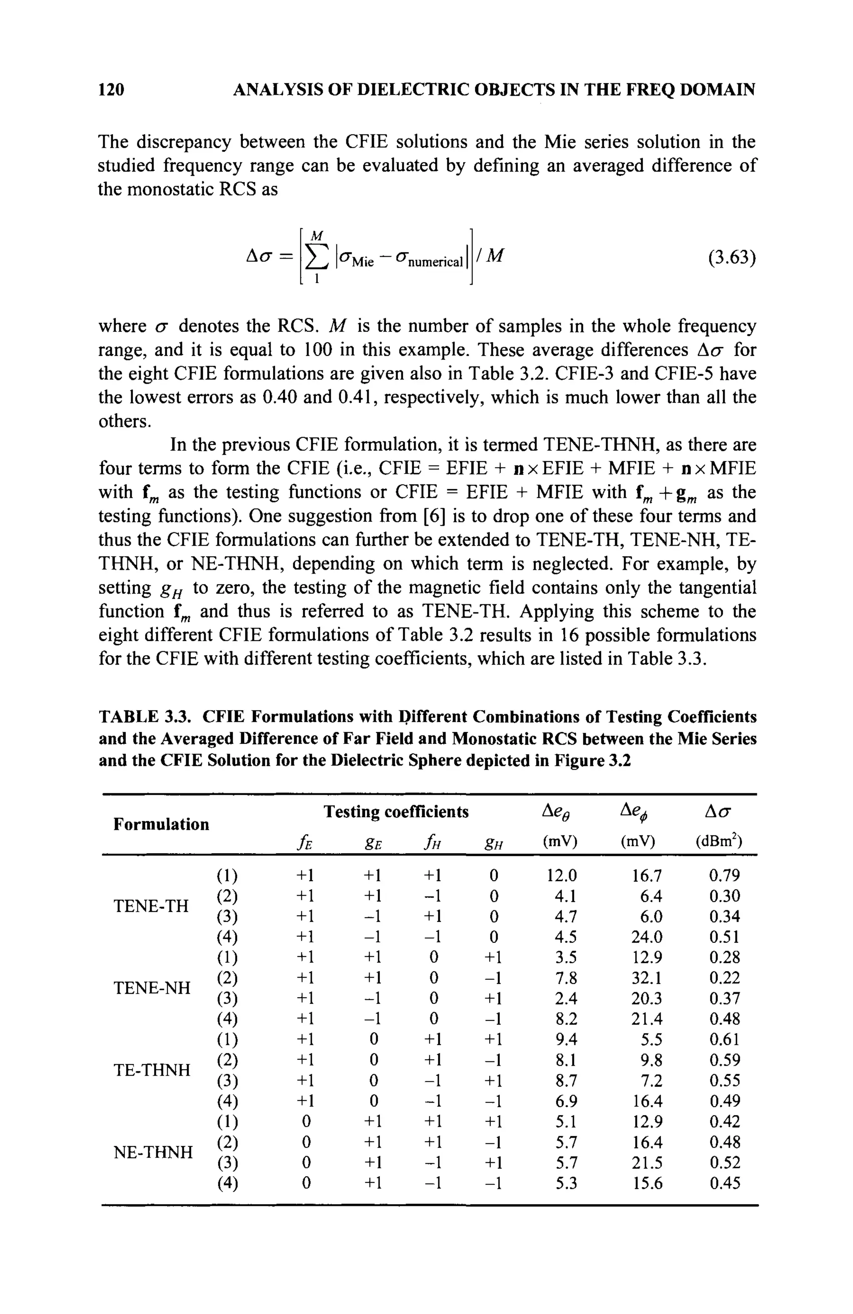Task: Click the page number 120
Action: click(x=111, y=89)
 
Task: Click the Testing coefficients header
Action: click(x=396, y=812)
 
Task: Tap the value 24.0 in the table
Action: click(x=647, y=937)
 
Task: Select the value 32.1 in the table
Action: click(x=647, y=979)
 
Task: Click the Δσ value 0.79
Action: click(x=724, y=876)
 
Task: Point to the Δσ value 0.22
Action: click(x=724, y=979)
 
